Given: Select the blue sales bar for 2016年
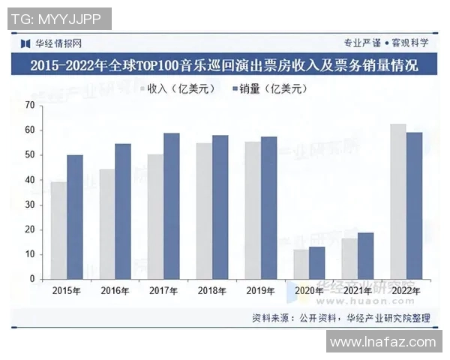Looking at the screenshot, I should (122, 211).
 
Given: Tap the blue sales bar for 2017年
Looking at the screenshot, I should (172, 206).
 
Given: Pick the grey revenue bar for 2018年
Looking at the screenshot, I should (203, 211).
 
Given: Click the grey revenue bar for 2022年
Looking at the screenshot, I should (397, 202).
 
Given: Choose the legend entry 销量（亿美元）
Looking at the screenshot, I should (269, 89).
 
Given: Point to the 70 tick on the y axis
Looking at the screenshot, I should (30, 106).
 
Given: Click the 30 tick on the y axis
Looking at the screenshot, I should (30, 205).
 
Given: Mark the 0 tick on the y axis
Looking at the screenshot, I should (32, 279).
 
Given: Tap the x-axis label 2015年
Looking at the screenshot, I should (66, 289).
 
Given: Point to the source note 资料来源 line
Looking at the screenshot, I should (341, 318).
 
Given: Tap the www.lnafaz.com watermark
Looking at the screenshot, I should (382, 342).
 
